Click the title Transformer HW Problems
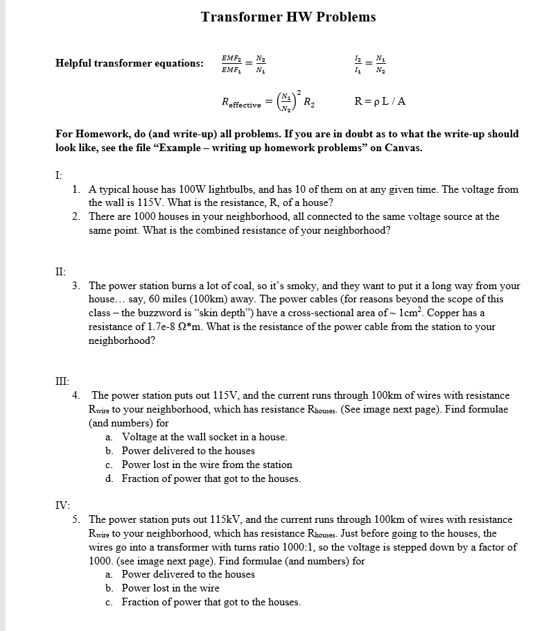tap(288, 17)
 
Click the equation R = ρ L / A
tap(380, 101)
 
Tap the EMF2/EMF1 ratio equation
tap(243, 63)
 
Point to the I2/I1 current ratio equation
tap(367, 63)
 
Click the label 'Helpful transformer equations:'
tap(130, 63)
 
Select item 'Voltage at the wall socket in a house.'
tap(204, 437)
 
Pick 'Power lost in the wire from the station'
tap(207, 465)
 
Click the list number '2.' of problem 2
tap(76, 216)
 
